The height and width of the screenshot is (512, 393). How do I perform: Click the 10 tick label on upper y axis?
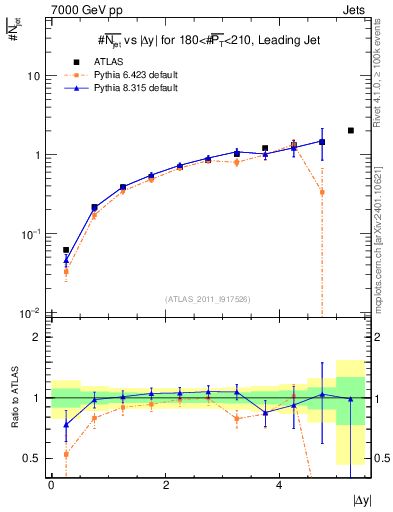click(x=34, y=77)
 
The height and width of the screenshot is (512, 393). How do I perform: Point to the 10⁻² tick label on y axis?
click(x=32, y=314)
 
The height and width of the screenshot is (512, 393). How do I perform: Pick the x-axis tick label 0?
click(x=51, y=482)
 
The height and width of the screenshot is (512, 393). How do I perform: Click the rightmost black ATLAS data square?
click(x=350, y=130)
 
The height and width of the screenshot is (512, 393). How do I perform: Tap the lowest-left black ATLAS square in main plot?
click(x=66, y=250)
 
